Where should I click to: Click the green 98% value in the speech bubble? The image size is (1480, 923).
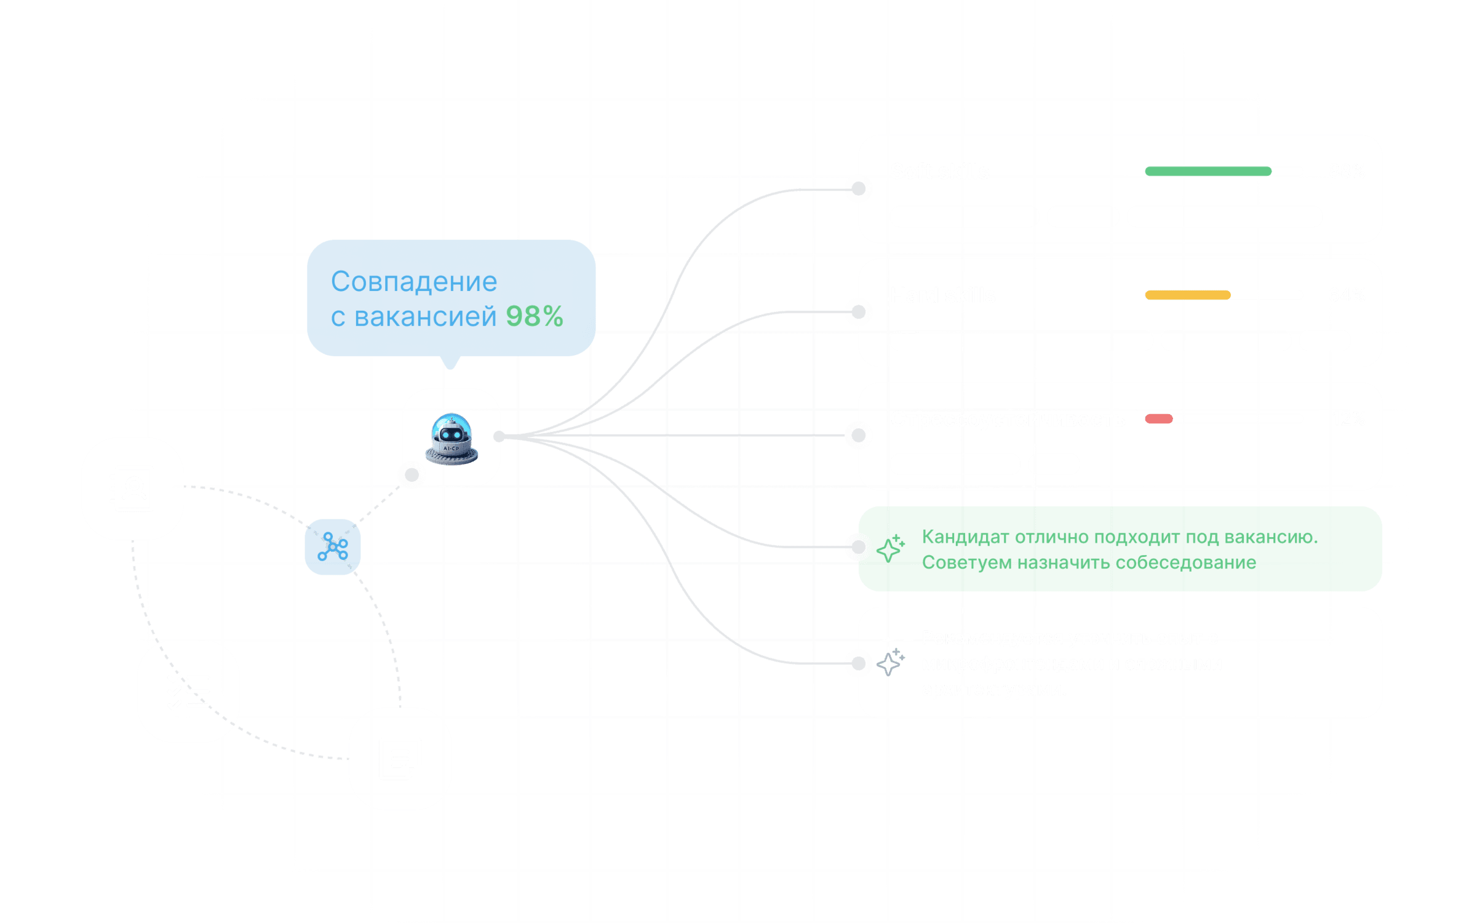534,317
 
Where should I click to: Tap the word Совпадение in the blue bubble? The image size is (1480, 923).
414,282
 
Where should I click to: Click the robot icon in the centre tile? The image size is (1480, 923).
452,438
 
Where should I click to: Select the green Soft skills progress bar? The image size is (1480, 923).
1207,171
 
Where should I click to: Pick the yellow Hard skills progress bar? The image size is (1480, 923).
1187,295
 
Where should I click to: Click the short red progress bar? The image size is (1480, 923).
1158,419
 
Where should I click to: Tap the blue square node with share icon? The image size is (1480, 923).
332,546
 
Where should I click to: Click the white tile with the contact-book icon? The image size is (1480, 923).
132,489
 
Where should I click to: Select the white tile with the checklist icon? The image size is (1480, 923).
188,690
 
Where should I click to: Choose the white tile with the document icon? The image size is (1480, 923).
400,758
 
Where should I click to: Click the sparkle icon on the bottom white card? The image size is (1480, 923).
890,663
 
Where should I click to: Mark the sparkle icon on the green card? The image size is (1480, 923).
890,547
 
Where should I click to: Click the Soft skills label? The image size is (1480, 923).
940,171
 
